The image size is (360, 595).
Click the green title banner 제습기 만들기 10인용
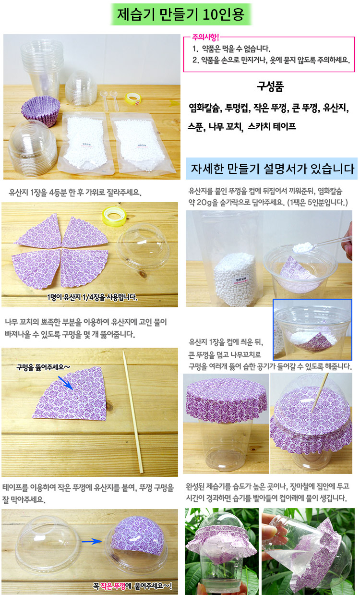coord(181,14)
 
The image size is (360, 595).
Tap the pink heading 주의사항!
coord(205,37)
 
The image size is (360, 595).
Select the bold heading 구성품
coord(270,86)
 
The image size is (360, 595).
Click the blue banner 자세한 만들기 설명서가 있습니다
coord(272,169)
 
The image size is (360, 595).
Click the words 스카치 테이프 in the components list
coord(272,126)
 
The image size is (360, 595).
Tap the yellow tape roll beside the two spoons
coord(133,98)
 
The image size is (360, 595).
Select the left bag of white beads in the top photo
coord(85,143)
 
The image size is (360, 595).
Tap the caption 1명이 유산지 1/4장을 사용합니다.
coord(92,297)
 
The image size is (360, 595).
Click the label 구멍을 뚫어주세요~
coord(43,367)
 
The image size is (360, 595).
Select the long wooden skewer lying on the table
coord(133,412)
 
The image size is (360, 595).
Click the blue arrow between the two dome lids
coord(92,541)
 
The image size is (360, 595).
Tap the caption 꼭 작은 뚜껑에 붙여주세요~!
coord(132,586)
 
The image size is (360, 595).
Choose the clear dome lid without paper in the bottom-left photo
coord(48,545)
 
